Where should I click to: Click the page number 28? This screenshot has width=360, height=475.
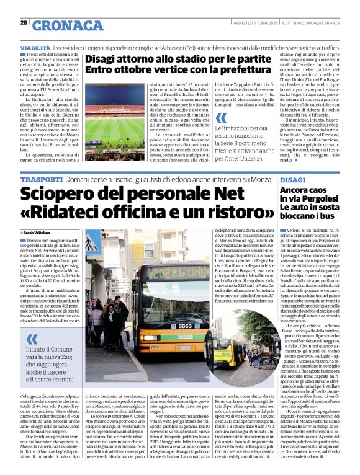pos(24,22)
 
